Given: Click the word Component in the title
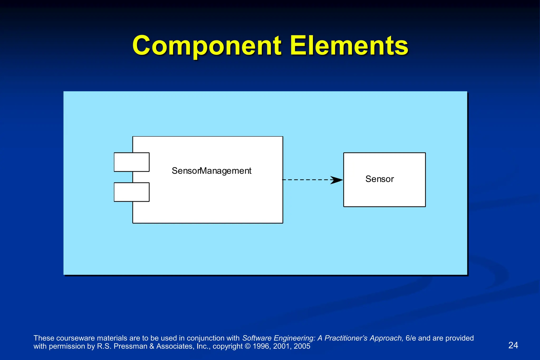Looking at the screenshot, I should click(206, 46).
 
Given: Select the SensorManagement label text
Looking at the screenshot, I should click(211, 171).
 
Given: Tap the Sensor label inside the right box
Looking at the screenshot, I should click(379, 179).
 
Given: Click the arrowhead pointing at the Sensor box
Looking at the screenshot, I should click(337, 180).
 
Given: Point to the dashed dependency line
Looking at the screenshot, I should click(306, 180).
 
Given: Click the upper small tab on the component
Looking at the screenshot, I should click(132, 162).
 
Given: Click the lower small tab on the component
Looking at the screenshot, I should click(132, 192).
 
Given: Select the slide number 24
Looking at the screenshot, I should click(513, 345).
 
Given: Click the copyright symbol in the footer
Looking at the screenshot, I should click(248, 346).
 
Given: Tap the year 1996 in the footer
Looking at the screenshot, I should click(261, 346).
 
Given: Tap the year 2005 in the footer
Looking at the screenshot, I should click(302, 346).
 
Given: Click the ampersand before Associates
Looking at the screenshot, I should click(152, 346).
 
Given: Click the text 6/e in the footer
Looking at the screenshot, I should click(411, 338).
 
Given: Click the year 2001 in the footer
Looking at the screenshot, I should click(282, 346).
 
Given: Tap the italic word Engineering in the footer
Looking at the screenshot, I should click(294, 338).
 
